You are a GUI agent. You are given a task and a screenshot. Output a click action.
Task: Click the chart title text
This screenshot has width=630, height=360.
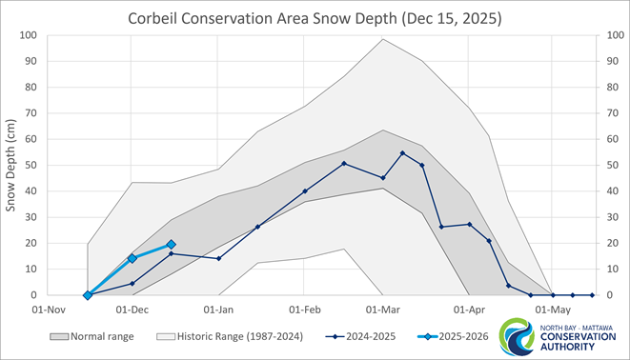[x=315, y=18]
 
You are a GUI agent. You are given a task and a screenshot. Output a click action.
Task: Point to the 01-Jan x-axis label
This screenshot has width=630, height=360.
[x=219, y=309]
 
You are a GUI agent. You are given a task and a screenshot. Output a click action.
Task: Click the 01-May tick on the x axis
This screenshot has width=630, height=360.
[x=554, y=309]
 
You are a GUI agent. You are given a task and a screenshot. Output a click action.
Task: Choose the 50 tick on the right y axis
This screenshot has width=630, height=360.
[x=603, y=166]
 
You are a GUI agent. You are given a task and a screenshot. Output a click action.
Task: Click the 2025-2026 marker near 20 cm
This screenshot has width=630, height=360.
[x=172, y=245]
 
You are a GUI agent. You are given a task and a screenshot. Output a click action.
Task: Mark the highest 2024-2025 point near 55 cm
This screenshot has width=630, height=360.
[x=403, y=153]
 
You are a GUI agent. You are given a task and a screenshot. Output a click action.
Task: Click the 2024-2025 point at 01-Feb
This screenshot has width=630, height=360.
[x=305, y=191]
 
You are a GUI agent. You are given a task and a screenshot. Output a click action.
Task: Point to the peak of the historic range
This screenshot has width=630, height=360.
[x=383, y=39]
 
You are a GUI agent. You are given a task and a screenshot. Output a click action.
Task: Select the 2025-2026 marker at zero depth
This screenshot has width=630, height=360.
[x=88, y=295]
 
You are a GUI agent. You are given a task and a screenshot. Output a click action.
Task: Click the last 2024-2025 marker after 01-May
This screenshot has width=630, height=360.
[x=592, y=295]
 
